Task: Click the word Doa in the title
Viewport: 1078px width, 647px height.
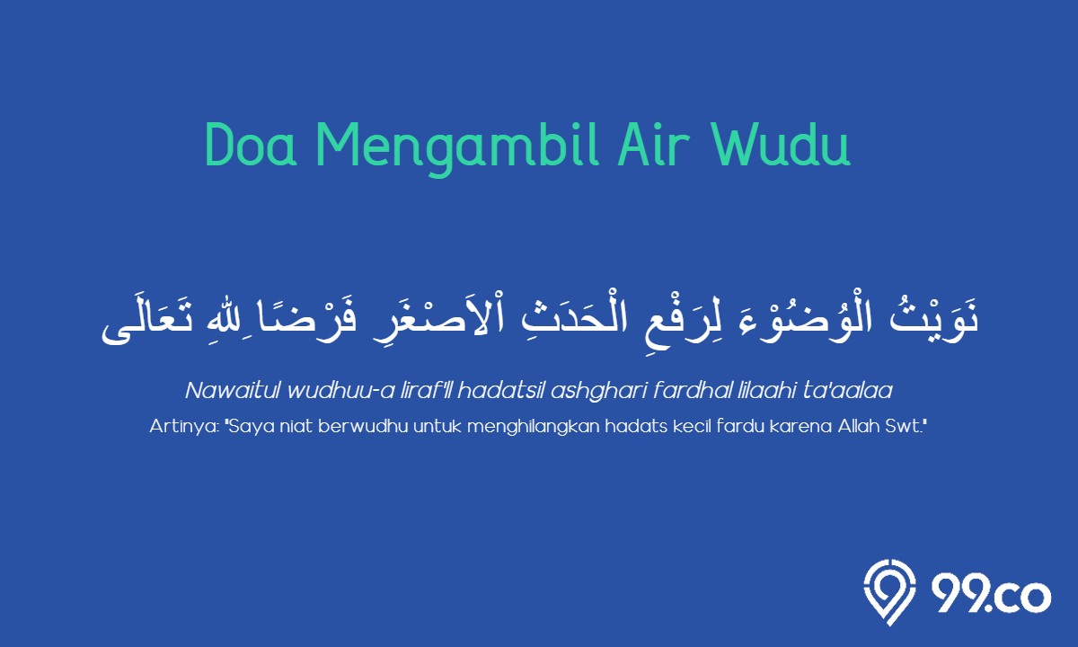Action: pos(251,145)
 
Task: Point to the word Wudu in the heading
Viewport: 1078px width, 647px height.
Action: pos(780,145)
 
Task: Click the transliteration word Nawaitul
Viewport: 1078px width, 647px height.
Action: pos(232,390)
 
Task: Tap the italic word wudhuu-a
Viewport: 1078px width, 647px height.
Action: pos(340,390)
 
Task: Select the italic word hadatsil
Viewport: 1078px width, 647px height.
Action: pos(500,390)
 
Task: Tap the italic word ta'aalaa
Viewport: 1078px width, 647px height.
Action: pos(848,390)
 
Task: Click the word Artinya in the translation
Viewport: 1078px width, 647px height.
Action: pos(184,427)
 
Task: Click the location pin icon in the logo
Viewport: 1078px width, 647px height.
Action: pos(890,592)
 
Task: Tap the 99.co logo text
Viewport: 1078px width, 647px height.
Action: pos(990,595)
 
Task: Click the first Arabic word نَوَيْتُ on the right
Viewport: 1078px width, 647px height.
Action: pos(934,318)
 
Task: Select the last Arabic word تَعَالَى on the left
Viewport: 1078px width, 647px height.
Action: pos(146,323)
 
